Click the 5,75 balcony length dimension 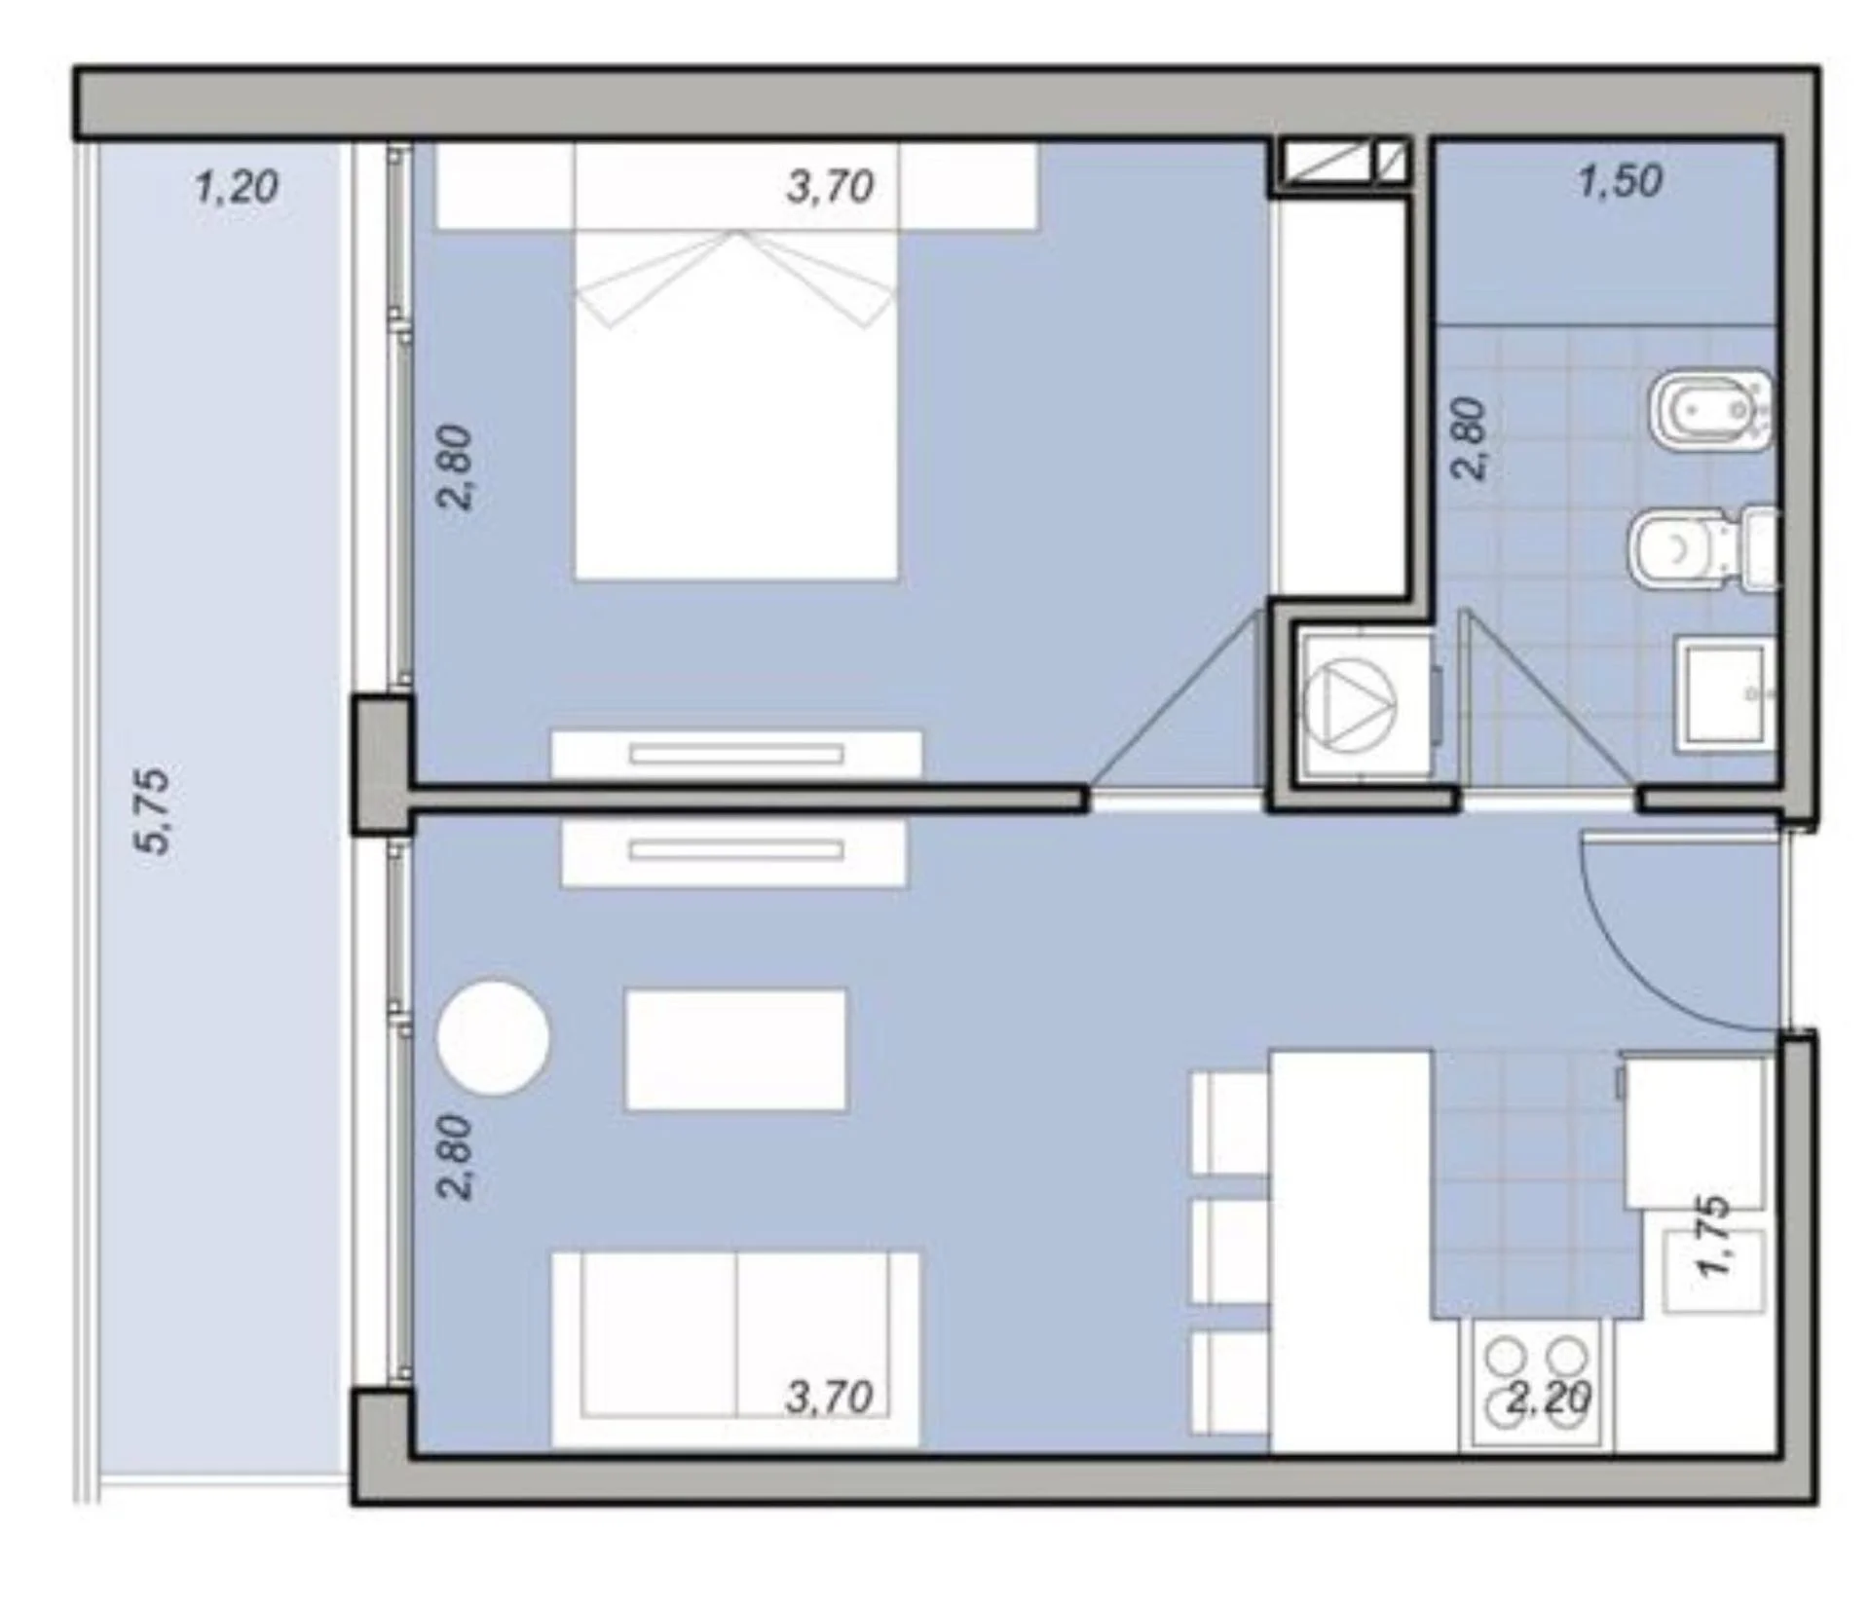(153, 810)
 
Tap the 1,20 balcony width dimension (237, 186)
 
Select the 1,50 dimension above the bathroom (1620, 181)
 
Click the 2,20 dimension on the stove (1548, 1399)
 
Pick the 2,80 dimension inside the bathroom (1470, 438)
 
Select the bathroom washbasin (1725, 693)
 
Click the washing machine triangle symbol (1350, 701)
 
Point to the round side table (494, 1038)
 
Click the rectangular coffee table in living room (735, 1050)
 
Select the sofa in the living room (735, 1350)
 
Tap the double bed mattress (735, 406)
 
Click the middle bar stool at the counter (1231, 1251)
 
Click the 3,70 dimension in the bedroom (830, 186)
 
